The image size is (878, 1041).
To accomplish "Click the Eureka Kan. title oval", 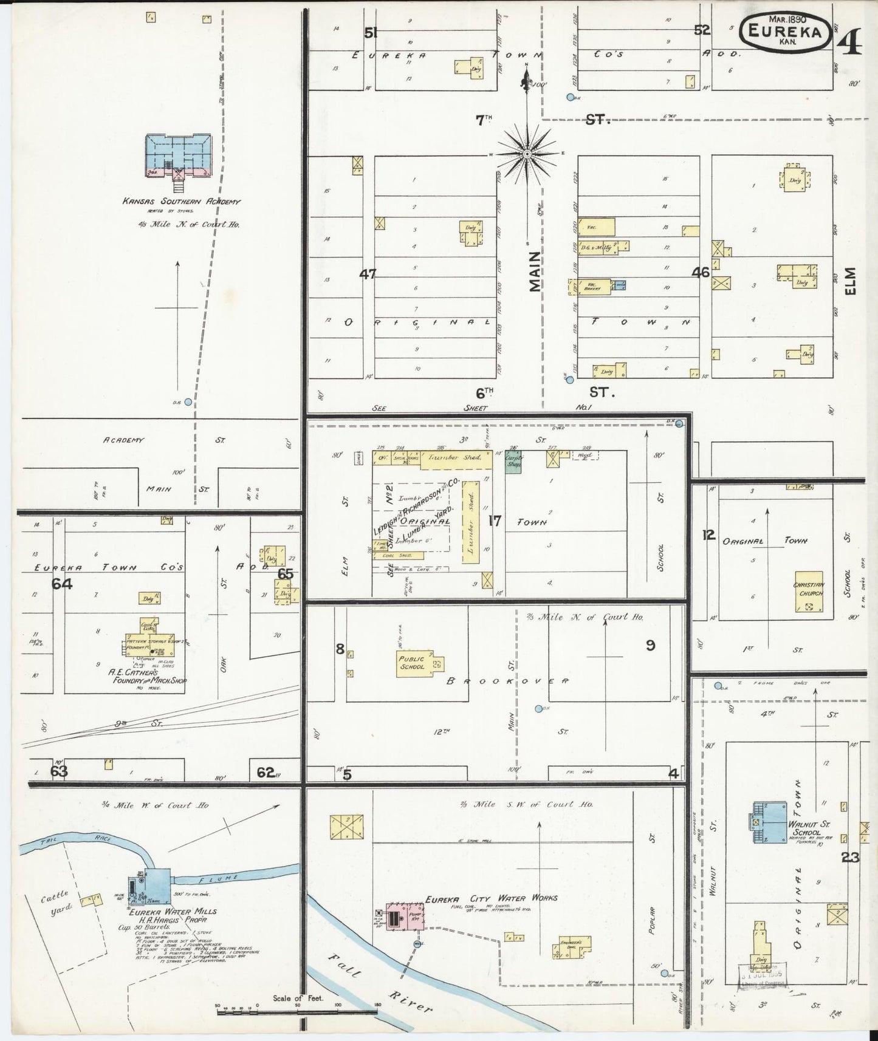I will click(x=786, y=32).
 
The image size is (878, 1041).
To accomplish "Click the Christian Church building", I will click(x=809, y=592).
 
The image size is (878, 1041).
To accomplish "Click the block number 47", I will click(x=367, y=274).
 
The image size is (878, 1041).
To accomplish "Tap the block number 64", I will click(x=62, y=584).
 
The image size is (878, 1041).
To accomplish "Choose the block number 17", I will click(x=495, y=520).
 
